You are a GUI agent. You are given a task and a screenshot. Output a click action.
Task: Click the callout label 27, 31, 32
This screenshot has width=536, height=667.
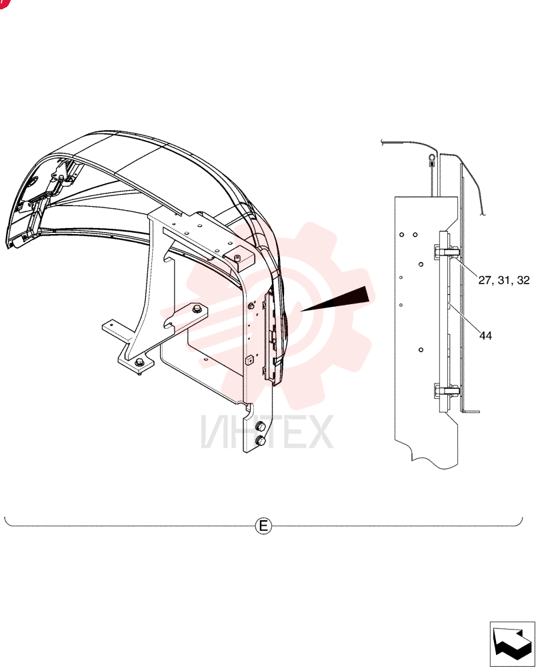pyautogui.click(x=504, y=280)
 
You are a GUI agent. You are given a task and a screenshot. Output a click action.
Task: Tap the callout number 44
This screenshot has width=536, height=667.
pyautogui.click(x=485, y=336)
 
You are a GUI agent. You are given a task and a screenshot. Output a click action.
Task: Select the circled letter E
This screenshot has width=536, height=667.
pyautogui.click(x=263, y=526)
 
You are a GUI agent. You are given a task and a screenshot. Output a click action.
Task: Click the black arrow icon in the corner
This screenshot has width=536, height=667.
pyautogui.click(x=512, y=643)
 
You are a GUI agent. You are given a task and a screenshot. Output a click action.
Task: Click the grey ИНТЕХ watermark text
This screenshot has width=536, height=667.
pyautogui.click(x=267, y=432)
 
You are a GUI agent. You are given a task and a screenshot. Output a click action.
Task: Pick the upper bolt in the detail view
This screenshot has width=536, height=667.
pyautogui.click(x=446, y=252)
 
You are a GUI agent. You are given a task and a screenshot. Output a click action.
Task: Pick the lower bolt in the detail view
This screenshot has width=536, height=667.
pyautogui.click(x=446, y=390)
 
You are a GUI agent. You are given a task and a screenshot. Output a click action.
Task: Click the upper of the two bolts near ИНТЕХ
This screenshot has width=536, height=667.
pyautogui.click(x=260, y=427)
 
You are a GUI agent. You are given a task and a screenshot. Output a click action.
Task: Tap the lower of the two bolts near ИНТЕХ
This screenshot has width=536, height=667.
pyautogui.click(x=260, y=441)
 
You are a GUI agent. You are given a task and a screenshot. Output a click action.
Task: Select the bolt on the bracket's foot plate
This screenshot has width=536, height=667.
pyautogui.click(x=139, y=362)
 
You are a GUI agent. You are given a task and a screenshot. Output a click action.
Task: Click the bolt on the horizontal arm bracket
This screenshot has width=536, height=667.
pyautogui.click(x=197, y=308)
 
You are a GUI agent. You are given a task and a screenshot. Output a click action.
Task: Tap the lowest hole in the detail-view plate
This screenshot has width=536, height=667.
pyautogui.click(x=421, y=350)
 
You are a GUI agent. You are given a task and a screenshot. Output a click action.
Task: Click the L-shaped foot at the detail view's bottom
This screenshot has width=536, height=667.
pyautogui.click(x=470, y=410)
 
